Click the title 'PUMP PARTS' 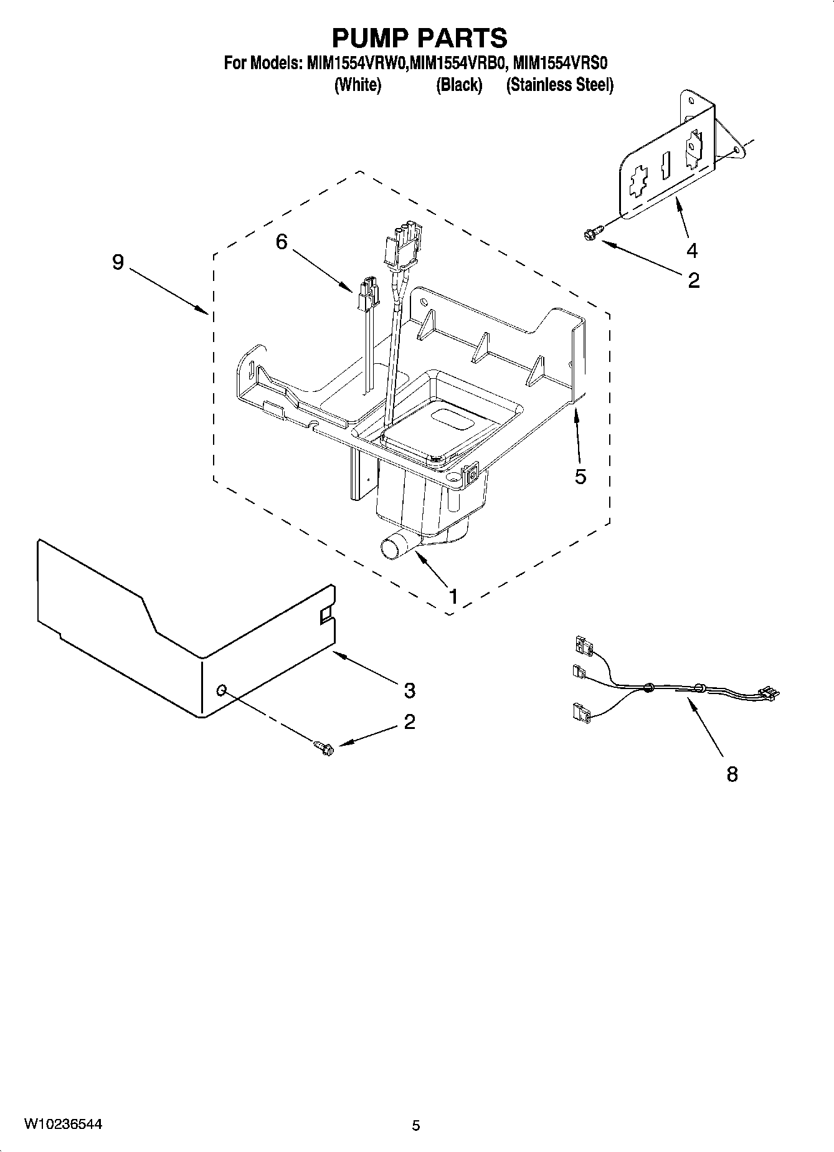(419, 38)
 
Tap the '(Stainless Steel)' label (559, 85)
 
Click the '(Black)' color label (459, 85)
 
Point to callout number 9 (118, 262)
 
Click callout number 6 (282, 242)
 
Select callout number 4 (692, 250)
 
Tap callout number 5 (580, 477)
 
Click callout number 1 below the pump (454, 596)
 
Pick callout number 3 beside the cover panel (409, 690)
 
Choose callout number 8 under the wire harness (732, 774)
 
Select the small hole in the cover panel (221, 690)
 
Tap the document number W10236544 (63, 1125)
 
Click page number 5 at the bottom (416, 1125)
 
